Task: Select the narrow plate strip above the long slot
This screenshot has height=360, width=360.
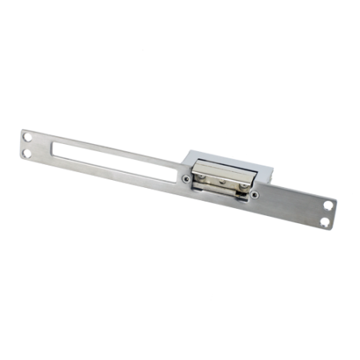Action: pyautogui.click(x=104, y=144)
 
